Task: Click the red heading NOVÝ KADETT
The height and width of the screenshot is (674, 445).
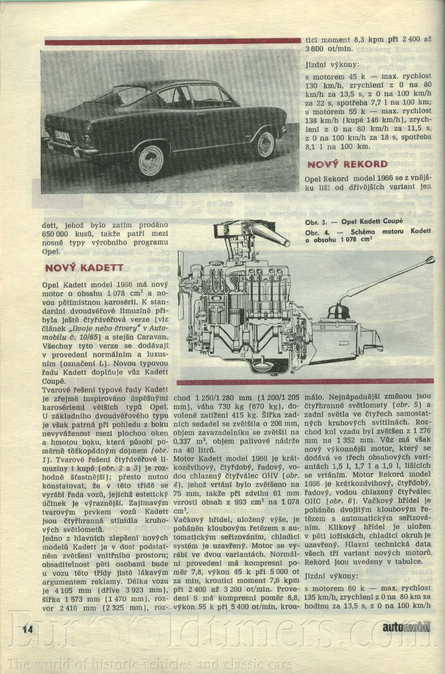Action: [x=84, y=268]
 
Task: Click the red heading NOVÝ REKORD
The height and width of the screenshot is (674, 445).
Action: [x=347, y=165]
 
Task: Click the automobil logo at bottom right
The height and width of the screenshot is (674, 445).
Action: [x=406, y=627]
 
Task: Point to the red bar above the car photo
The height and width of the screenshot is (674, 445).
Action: [x=172, y=41]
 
